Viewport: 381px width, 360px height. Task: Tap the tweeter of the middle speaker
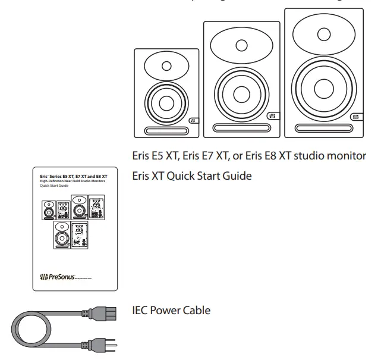point(240,45)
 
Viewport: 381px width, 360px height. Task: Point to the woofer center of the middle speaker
point(241,95)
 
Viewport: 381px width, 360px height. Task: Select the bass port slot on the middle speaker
point(241,127)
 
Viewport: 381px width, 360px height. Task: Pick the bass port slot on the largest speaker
point(325,126)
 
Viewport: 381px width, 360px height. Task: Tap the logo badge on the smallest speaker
point(192,121)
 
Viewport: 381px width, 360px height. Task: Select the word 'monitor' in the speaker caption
point(348,155)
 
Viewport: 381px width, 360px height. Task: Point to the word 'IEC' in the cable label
point(141,311)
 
